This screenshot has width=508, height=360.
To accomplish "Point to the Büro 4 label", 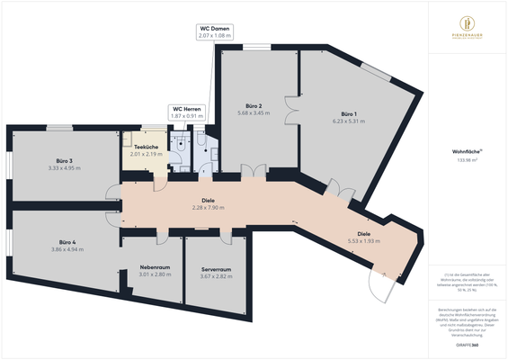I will [x=66, y=242].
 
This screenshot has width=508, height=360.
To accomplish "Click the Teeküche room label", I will [x=146, y=147].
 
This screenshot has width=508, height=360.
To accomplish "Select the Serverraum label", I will [x=217, y=268].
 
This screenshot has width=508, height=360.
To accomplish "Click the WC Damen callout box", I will [x=215, y=31].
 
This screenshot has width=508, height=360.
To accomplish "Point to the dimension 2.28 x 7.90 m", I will [x=209, y=208].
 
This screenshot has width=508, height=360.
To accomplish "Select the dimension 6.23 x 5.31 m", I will [x=347, y=121].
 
